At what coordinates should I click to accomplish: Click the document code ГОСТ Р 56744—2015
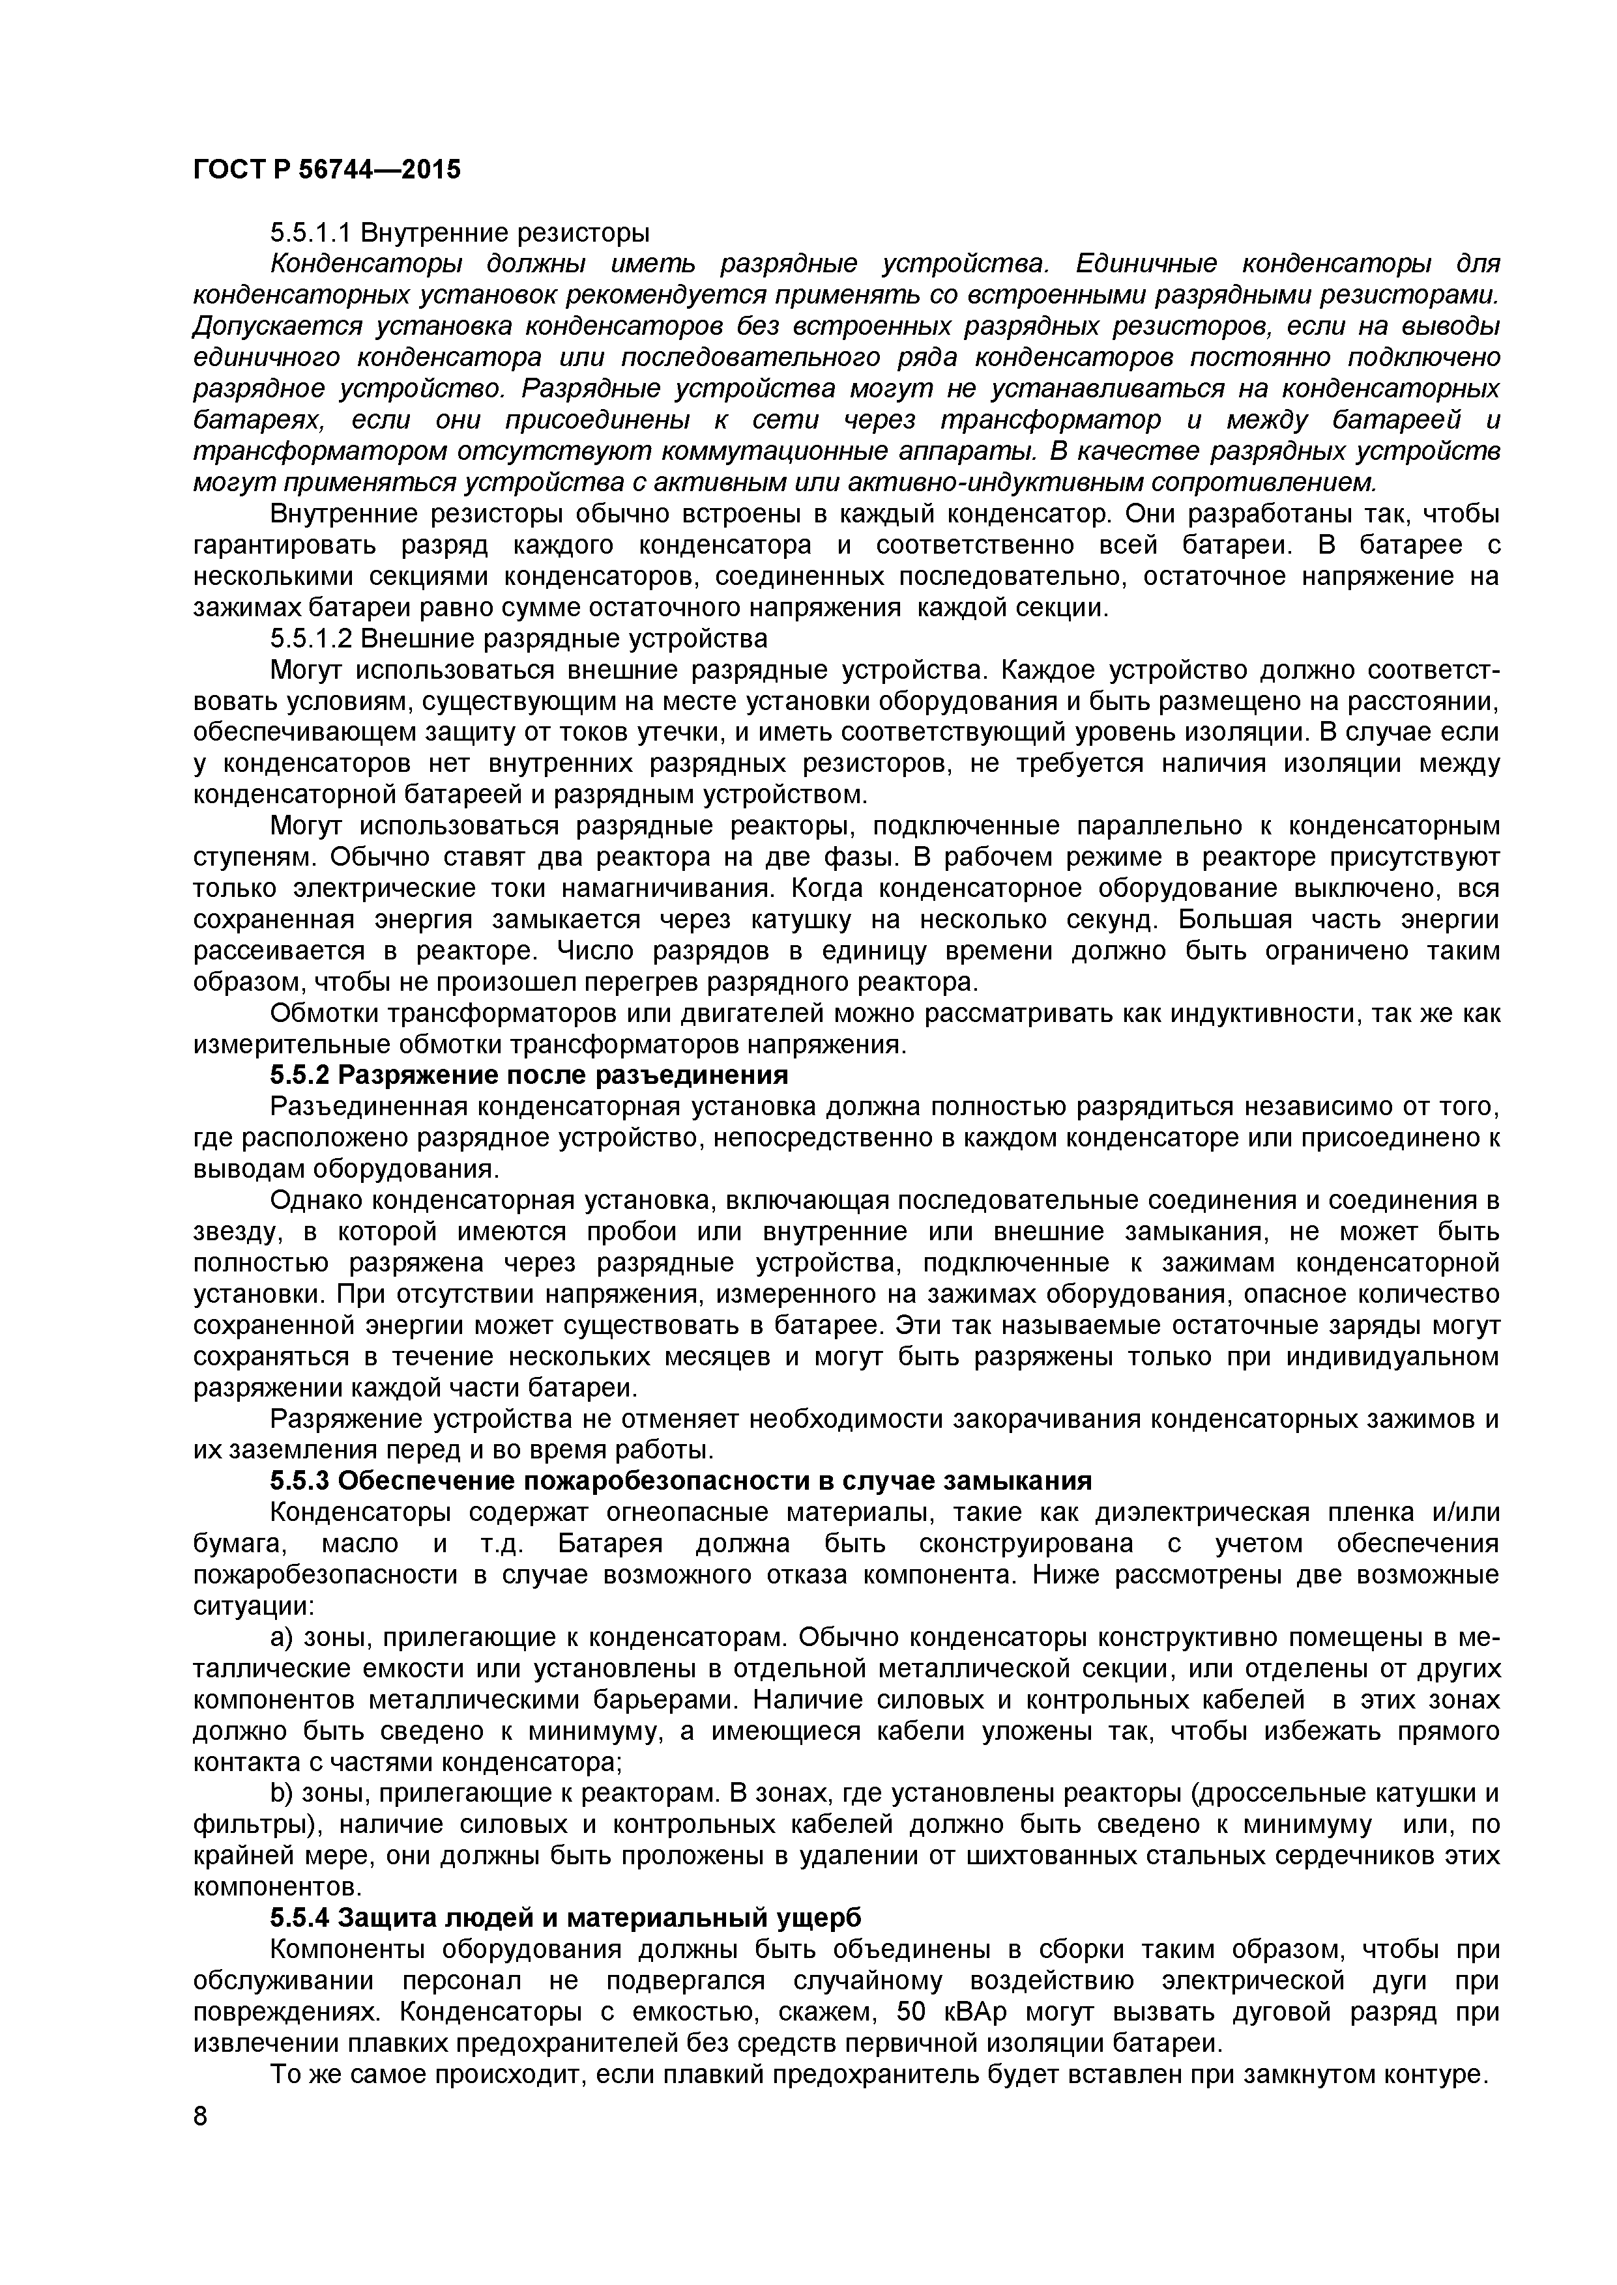click(327, 170)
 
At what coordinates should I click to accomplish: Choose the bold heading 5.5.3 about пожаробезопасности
click(681, 1481)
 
